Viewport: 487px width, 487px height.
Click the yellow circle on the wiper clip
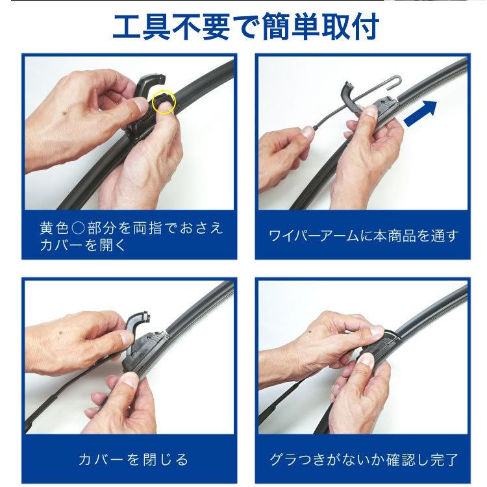(x=163, y=102)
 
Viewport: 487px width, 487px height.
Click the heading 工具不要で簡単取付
(x=243, y=27)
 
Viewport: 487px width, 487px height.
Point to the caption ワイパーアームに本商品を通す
(x=363, y=235)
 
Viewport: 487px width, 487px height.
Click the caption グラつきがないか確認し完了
(x=363, y=460)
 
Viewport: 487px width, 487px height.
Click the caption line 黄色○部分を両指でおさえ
(x=130, y=227)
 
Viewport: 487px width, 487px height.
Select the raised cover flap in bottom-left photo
(x=138, y=325)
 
